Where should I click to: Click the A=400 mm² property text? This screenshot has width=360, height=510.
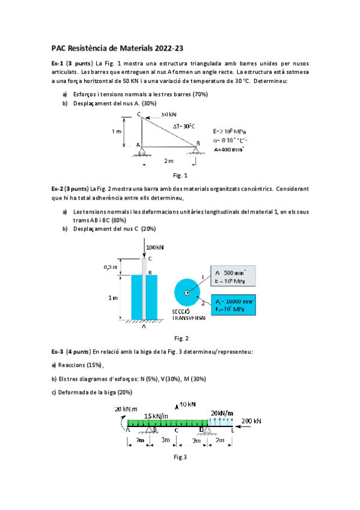coord(229,150)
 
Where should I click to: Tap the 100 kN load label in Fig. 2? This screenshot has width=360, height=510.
coord(155,247)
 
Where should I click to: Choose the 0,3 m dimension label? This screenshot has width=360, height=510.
coord(110,267)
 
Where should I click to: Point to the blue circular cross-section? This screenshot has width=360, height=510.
coord(188,293)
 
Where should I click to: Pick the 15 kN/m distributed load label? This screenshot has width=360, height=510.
coord(156,416)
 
